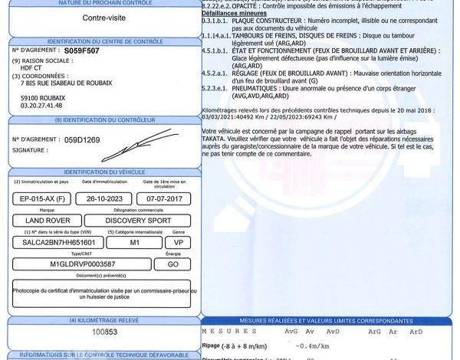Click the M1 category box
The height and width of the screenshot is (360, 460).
tap(134, 242)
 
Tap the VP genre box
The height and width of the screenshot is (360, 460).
tap(179, 242)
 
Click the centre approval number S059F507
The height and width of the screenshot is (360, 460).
tap(82, 50)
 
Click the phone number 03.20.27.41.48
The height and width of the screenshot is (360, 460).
tap(42, 106)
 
